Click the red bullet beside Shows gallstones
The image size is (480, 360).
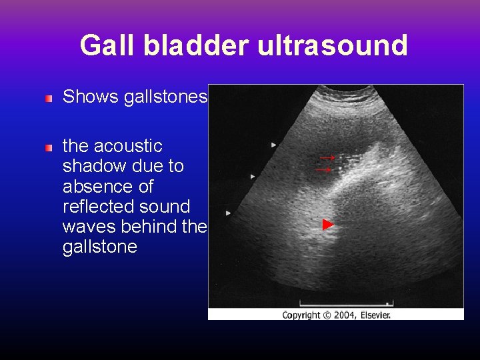click(x=49, y=99)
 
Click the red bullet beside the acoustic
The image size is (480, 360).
click(x=49, y=147)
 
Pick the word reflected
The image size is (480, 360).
click(x=95, y=207)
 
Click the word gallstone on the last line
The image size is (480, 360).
click(x=99, y=247)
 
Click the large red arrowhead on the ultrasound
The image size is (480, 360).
click(x=328, y=225)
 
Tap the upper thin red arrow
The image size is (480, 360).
click(x=326, y=158)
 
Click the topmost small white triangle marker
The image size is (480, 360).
click(x=273, y=144)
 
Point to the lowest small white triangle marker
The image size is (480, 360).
click(x=228, y=213)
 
